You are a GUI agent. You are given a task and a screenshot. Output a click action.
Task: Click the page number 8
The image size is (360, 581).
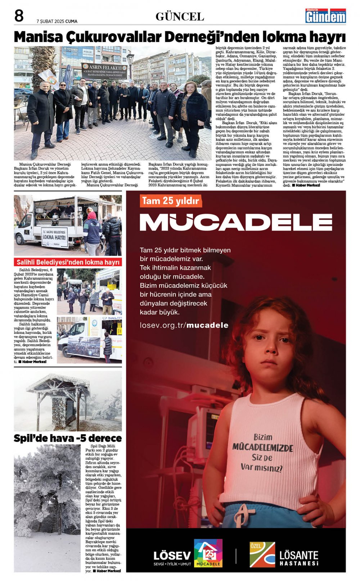(19, 16)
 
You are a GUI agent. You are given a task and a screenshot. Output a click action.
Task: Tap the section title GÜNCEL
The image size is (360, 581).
(180, 17)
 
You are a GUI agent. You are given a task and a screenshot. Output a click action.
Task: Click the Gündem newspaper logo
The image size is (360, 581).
(325, 16)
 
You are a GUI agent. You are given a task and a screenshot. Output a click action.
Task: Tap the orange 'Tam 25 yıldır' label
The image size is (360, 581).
(170, 201)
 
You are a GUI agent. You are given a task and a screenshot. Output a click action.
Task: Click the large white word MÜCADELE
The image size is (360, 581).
(236, 222)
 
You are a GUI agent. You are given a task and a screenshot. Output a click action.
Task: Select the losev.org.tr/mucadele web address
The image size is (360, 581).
(184, 325)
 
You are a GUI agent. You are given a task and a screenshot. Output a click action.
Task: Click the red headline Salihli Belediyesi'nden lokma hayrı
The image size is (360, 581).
(68, 262)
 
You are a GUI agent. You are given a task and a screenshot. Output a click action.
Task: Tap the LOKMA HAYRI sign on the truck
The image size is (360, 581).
(54, 237)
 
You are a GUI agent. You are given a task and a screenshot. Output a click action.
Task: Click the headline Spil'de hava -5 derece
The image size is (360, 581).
(68, 438)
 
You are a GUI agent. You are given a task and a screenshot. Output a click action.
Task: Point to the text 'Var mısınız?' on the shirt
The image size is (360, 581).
(262, 467)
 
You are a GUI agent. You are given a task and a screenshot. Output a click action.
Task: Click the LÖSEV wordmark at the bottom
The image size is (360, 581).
(172, 555)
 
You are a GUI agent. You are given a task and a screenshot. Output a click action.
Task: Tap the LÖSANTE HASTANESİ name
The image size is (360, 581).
(299, 558)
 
